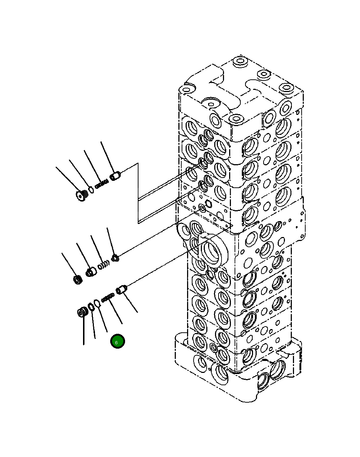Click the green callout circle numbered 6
(117, 341)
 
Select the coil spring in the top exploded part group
(102, 184)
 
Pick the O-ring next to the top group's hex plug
(91, 190)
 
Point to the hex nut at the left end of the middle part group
(77, 279)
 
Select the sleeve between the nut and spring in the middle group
(90, 271)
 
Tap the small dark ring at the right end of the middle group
(115, 258)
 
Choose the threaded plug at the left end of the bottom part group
(83, 312)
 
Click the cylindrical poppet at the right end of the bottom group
(122, 290)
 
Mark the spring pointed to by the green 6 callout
(108, 298)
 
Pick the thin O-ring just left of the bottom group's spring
(97, 303)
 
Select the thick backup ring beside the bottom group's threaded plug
(91, 307)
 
